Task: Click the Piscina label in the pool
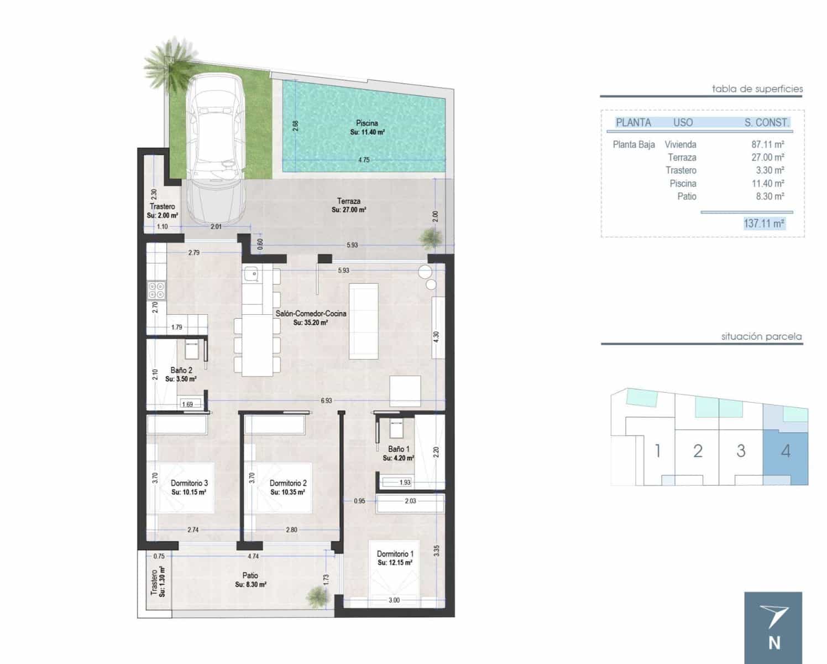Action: point(367,123)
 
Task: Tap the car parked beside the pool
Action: point(216,149)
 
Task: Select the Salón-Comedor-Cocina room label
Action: point(311,314)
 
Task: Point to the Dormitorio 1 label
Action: point(395,554)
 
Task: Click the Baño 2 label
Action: point(181,370)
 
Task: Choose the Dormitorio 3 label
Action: point(189,483)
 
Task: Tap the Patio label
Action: point(250,575)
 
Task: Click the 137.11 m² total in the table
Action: point(764,224)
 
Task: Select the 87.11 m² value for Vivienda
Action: point(768,144)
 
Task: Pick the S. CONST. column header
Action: point(766,123)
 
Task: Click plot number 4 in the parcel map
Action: point(786,451)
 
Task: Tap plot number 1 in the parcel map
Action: point(657,451)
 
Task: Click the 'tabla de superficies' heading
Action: point(757,89)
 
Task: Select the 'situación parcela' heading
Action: point(761,336)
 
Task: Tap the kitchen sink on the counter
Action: point(252,273)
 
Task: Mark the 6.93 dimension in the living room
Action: point(326,400)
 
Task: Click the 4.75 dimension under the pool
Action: point(364,160)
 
